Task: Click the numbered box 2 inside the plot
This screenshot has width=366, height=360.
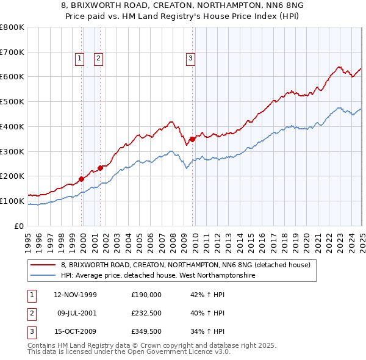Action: pyautogui.click(x=98, y=59)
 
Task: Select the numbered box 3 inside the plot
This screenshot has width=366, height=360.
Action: pyautogui.click(x=190, y=59)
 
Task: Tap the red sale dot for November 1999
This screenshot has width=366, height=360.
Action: pyautogui.click(x=82, y=179)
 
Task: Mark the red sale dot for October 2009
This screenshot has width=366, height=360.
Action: pyautogui.click(x=192, y=139)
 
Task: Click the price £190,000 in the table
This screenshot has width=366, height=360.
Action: pyautogui.click(x=146, y=294)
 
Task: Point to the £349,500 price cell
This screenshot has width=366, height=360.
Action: pyautogui.click(x=146, y=332)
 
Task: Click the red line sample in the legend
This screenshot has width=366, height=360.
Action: pyautogui.click(x=43, y=265)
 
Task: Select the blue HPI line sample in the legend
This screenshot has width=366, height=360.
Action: pyautogui.click(x=43, y=275)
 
